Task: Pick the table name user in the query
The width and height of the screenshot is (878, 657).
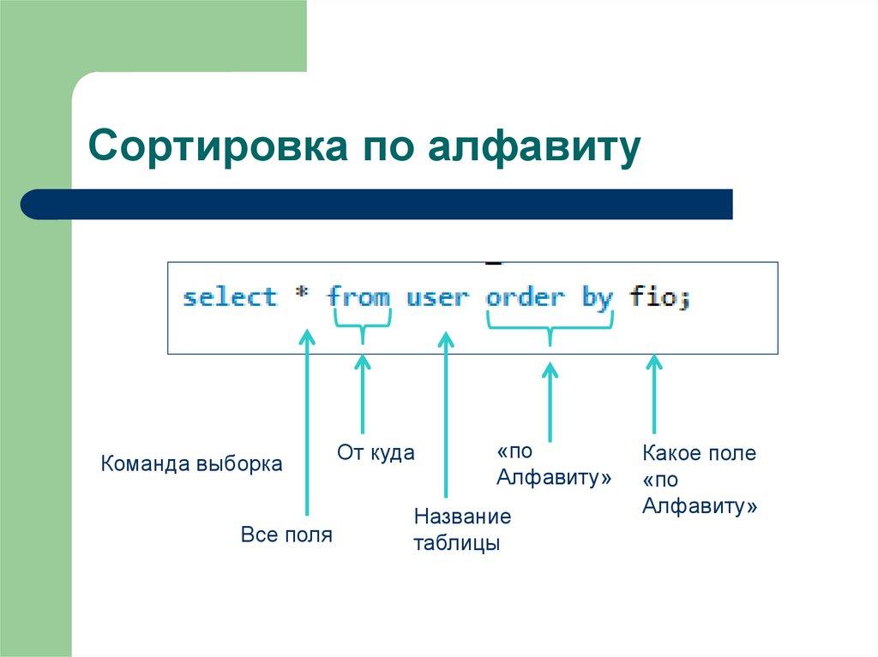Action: coord(437,297)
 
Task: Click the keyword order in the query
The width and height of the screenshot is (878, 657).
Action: coord(525,297)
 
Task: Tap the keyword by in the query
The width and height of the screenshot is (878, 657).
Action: coord(597,297)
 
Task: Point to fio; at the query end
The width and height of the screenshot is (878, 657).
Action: coord(659,297)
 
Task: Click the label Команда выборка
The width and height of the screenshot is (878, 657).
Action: coord(191,464)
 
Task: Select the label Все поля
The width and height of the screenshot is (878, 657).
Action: coord(286,536)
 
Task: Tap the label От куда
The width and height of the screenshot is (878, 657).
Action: coord(376,453)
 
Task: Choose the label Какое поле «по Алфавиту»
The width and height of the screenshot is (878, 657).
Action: coord(699,480)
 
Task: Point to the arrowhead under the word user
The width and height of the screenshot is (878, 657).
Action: coord(445,340)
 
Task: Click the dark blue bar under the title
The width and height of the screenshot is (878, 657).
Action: coord(377,205)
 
